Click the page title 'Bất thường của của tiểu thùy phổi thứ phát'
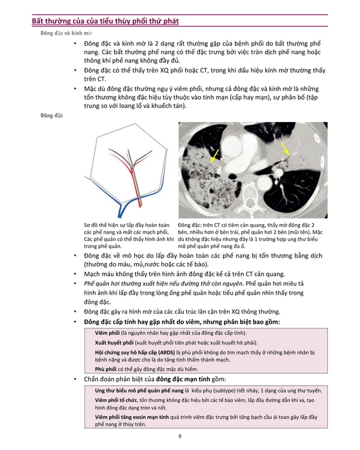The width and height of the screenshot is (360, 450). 105,21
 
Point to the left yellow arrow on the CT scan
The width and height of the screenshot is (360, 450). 216,152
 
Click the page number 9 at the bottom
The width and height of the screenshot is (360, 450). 179,436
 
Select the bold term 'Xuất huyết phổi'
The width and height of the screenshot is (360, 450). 114,343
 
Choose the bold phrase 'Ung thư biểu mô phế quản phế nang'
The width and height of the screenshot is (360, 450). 139,390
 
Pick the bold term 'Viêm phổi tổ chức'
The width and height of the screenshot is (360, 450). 117,400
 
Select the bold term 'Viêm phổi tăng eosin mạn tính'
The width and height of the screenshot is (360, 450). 132,417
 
